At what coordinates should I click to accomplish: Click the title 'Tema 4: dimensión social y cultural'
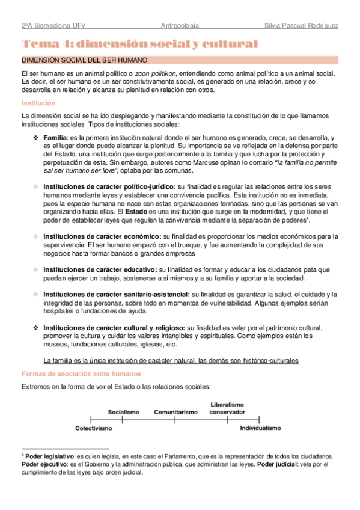(x=139, y=44)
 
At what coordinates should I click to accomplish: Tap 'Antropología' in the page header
(x=180, y=26)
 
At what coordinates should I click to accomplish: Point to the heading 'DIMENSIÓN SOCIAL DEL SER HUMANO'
(x=84, y=61)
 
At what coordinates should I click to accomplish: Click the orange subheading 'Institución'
(x=38, y=103)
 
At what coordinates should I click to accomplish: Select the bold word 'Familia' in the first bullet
(x=55, y=138)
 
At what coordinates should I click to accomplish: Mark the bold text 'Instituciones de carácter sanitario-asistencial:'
(x=117, y=295)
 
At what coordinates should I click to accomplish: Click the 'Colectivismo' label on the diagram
(x=94, y=428)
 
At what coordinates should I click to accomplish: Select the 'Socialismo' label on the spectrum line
(x=124, y=412)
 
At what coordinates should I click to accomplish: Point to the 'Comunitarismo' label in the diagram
(x=175, y=412)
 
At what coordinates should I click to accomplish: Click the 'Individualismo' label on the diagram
(x=260, y=428)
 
